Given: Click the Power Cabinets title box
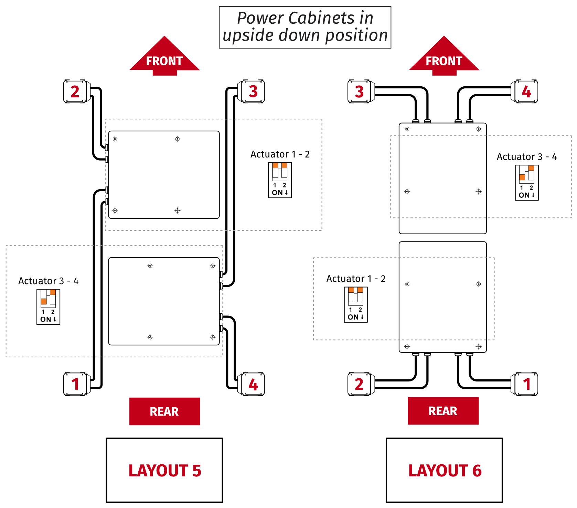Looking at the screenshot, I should click(x=305, y=27).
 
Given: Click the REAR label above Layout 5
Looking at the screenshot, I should click(x=164, y=411).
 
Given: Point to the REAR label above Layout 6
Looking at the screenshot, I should click(x=443, y=411).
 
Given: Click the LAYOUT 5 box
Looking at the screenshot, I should click(x=164, y=470).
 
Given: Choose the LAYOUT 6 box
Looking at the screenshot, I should click(x=444, y=470).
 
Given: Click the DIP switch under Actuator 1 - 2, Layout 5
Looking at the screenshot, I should click(x=280, y=180).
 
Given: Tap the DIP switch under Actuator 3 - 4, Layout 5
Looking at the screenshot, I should click(x=49, y=306).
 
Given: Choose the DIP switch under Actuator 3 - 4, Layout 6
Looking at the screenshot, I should click(x=526, y=182).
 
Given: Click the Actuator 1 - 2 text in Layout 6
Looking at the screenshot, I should click(x=356, y=279).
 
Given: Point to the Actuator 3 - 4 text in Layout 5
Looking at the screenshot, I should click(x=48, y=281).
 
